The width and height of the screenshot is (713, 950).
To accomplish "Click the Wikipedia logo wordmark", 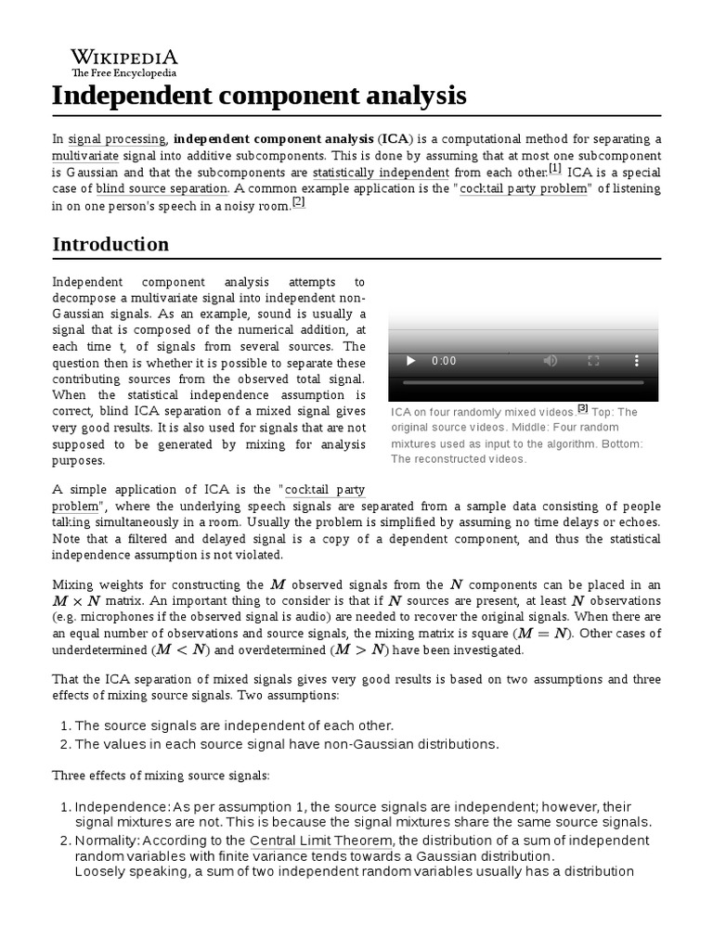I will [x=124, y=57].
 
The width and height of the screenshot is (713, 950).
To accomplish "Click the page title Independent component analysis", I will [x=259, y=96].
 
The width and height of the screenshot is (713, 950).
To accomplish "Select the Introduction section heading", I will [x=110, y=245].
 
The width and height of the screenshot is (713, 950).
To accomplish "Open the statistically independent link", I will [x=381, y=173].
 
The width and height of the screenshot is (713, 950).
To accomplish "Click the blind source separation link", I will [x=162, y=188].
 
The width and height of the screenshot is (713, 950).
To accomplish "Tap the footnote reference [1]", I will [x=555, y=169].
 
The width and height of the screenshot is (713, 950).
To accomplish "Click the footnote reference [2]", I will [x=298, y=201].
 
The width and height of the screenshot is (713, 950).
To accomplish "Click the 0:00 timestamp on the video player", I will [x=445, y=361].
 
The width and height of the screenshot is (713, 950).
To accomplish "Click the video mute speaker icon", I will [x=551, y=361].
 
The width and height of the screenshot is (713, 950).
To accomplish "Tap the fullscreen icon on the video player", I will [x=593, y=361].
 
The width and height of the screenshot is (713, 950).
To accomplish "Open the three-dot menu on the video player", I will [x=636, y=361].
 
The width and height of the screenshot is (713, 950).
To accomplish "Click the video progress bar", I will [x=523, y=382].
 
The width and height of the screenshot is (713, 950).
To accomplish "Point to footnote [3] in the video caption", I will [x=583, y=407].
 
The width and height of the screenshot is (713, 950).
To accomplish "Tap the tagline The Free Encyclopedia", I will [x=124, y=73].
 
